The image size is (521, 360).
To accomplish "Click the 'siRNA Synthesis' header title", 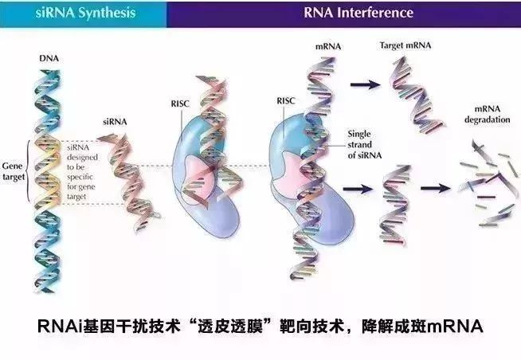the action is (85, 13).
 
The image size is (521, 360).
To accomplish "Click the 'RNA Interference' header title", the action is (358, 13).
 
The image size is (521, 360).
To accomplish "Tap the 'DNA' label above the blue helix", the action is (49, 58).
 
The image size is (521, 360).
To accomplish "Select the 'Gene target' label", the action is (14, 171).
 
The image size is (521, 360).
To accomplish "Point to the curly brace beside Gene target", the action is (28, 171).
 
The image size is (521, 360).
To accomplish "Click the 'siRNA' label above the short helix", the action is (115, 122).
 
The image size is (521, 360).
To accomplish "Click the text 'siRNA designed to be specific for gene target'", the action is (82, 172).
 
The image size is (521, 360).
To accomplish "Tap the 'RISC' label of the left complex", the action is (180, 104).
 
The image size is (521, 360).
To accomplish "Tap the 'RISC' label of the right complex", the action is (286, 101).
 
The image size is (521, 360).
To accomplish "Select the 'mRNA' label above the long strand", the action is (328, 46).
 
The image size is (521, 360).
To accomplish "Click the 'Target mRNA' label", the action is (405, 45).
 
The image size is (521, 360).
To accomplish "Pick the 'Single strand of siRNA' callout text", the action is (365, 145).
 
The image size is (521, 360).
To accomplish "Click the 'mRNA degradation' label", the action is (487, 114).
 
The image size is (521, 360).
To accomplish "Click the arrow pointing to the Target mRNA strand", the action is (366, 84).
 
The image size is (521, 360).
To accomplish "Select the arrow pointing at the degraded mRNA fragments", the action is (436, 188).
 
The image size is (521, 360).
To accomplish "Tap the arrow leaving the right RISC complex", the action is (358, 190).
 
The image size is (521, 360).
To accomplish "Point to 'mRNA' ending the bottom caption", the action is (455, 326).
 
